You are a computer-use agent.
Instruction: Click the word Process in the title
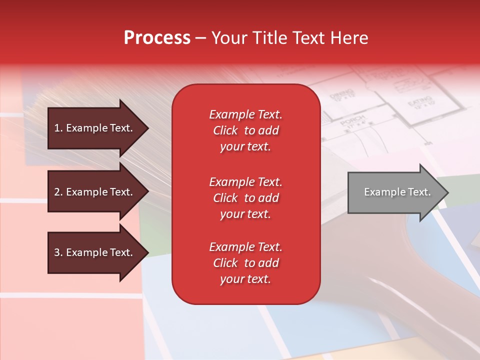click(x=157, y=38)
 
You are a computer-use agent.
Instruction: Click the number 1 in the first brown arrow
click(x=57, y=128)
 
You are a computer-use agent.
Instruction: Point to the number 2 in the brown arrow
click(x=57, y=192)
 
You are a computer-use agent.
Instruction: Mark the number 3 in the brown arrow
click(x=57, y=252)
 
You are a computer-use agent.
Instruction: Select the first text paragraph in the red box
click(x=245, y=130)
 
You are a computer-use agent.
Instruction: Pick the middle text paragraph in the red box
click(x=245, y=198)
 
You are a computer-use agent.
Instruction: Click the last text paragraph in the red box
click(x=245, y=263)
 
